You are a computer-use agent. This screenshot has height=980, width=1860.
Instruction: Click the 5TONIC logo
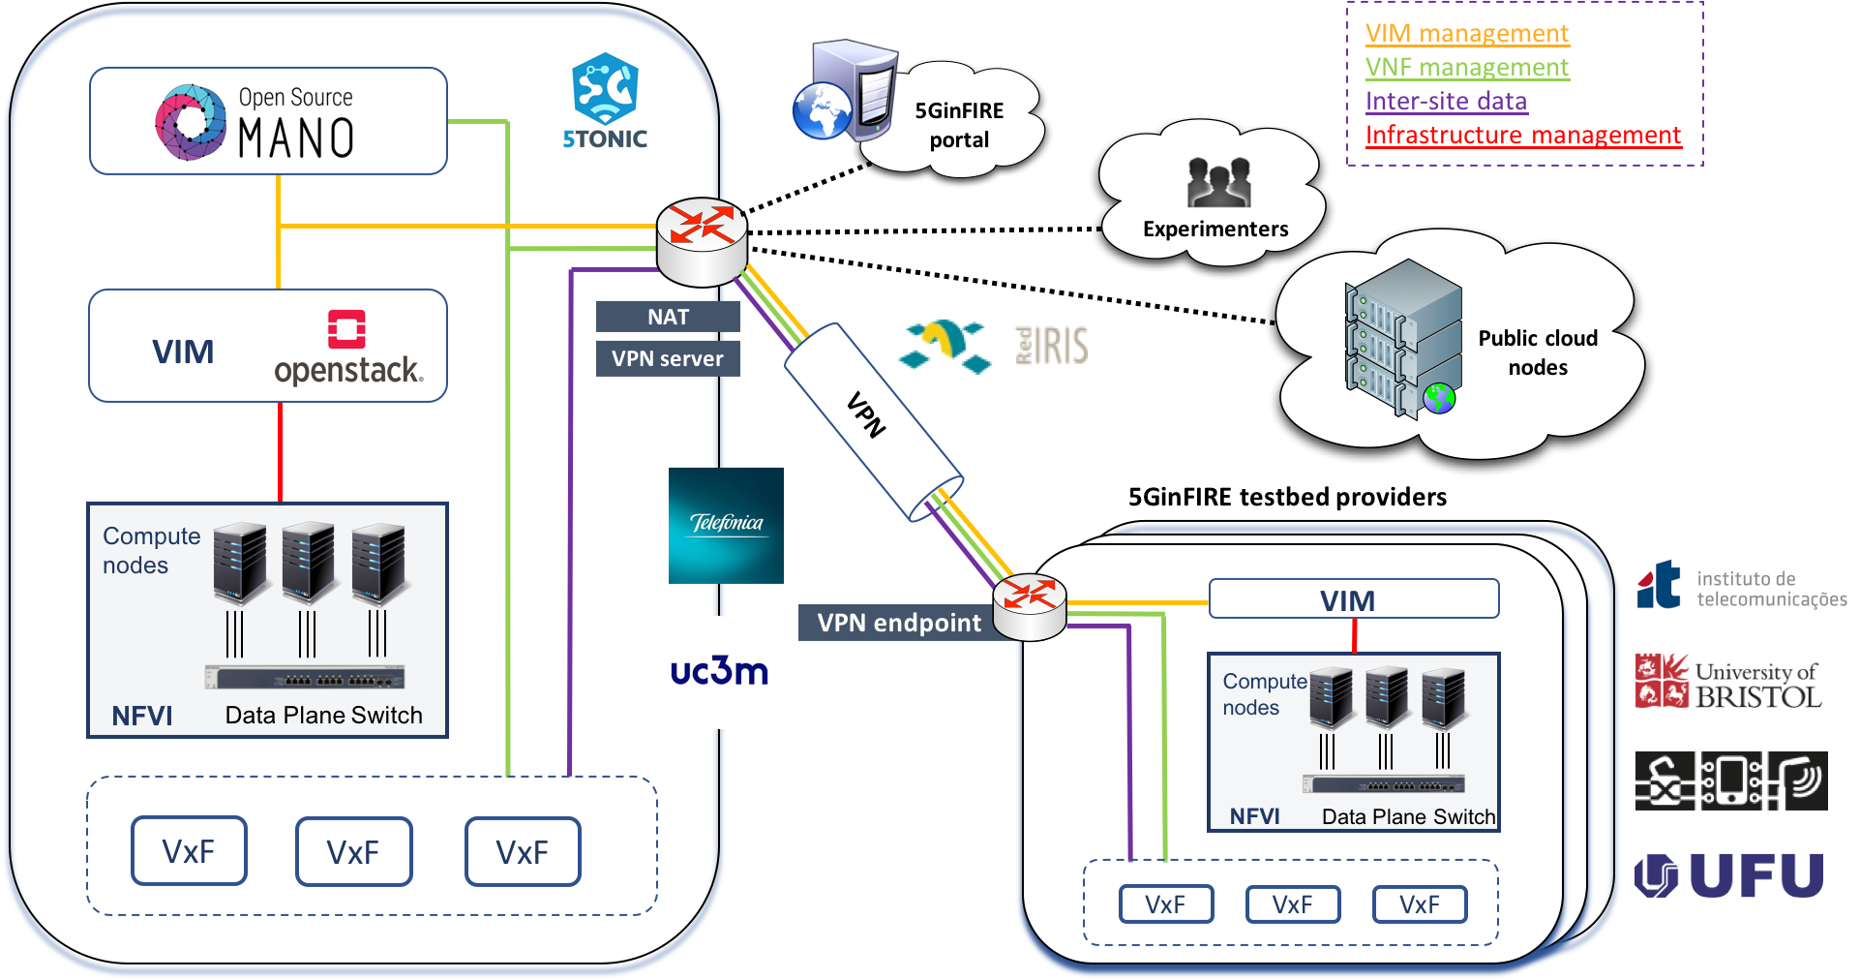tap(605, 101)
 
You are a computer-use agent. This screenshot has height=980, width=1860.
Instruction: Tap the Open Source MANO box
tap(268, 121)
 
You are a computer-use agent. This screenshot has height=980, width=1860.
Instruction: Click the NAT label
tap(668, 317)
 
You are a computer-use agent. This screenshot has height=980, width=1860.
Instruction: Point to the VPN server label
tap(668, 358)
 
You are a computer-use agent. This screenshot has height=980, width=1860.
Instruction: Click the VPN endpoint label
tap(898, 623)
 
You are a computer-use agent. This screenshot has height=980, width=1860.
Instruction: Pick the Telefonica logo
tap(726, 525)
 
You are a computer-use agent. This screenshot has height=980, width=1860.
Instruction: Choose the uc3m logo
tap(719, 671)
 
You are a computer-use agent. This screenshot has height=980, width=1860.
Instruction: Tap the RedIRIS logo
tap(993, 347)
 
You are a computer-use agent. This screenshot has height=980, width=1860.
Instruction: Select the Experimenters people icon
tap(1218, 183)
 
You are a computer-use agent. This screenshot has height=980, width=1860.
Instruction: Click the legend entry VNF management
tap(1467, 68)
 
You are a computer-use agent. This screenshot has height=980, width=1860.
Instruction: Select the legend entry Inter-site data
tap(1446, 102)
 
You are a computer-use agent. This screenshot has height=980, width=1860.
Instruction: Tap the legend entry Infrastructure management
tap(1523, 136)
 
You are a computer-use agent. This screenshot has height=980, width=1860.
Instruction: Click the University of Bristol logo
tap(1728, 681)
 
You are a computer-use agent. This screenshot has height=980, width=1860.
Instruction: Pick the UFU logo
tap(1729, 875)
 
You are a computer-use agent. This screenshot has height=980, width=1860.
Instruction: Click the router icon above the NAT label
tap(702, 241)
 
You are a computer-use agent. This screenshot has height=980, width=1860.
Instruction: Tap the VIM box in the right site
tap(1354, 599)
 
